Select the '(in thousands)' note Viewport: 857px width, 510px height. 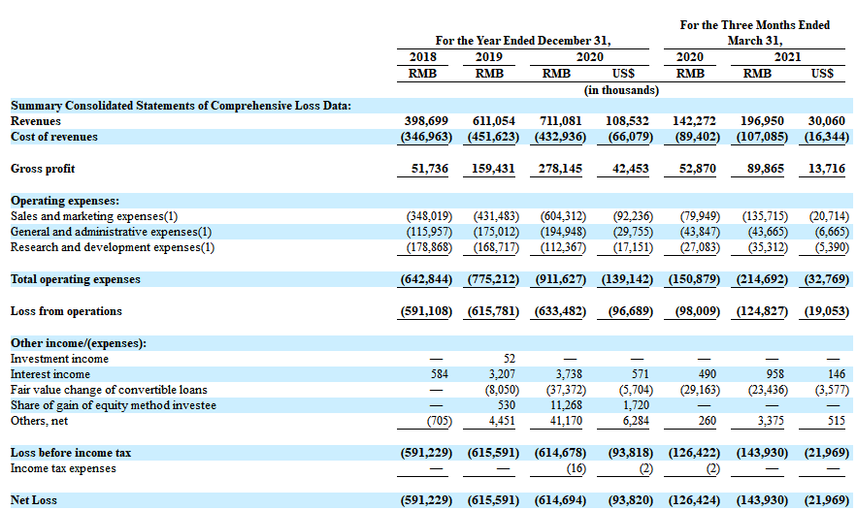621,90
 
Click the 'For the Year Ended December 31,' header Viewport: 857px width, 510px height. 522,41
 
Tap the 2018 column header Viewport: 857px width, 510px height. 423,57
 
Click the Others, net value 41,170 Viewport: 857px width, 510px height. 563,421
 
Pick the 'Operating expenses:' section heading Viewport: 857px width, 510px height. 65,201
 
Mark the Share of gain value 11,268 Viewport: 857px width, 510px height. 563,405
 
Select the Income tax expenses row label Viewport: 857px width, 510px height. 63,468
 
